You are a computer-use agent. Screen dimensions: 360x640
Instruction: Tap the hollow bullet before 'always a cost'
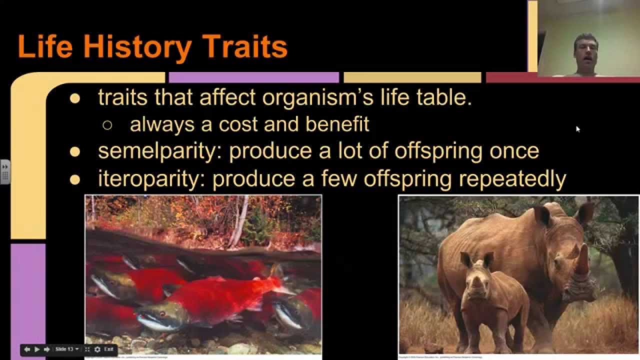coord(107,125)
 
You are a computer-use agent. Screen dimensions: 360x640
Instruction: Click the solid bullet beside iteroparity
coord(75,180)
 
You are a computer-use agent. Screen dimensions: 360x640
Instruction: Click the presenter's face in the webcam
coord(585,50)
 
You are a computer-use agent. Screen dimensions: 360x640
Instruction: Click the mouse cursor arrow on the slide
coord(577,128)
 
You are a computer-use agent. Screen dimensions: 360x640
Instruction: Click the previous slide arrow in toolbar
coord(27,349)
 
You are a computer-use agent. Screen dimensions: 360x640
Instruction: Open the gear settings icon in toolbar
coord(97,349)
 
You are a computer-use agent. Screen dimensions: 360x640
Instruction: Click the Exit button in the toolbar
coord(109,349)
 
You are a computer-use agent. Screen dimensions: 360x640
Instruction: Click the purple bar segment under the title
coord(253,77)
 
